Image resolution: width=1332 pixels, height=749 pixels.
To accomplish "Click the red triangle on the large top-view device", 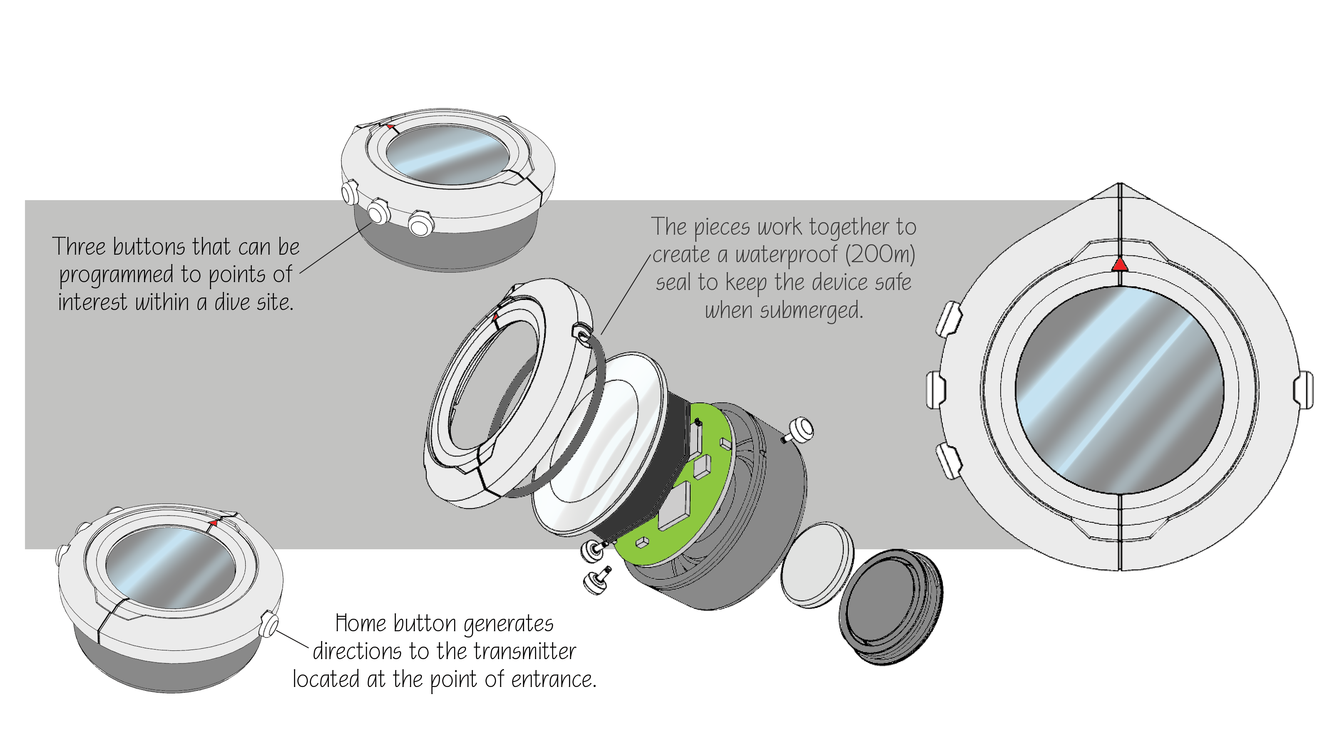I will click(x=1119, y=265).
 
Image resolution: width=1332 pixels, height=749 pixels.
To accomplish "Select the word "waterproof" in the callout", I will click(x=786, y=255).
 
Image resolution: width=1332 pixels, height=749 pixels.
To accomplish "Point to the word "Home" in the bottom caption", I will click(x=360, y=623).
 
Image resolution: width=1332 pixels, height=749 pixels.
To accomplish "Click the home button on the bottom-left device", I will click(x=269, y=623).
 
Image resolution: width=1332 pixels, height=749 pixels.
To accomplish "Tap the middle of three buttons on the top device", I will click(x=378, y=211).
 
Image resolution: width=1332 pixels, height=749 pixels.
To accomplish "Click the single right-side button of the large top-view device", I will click(x=1302, y=389).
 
